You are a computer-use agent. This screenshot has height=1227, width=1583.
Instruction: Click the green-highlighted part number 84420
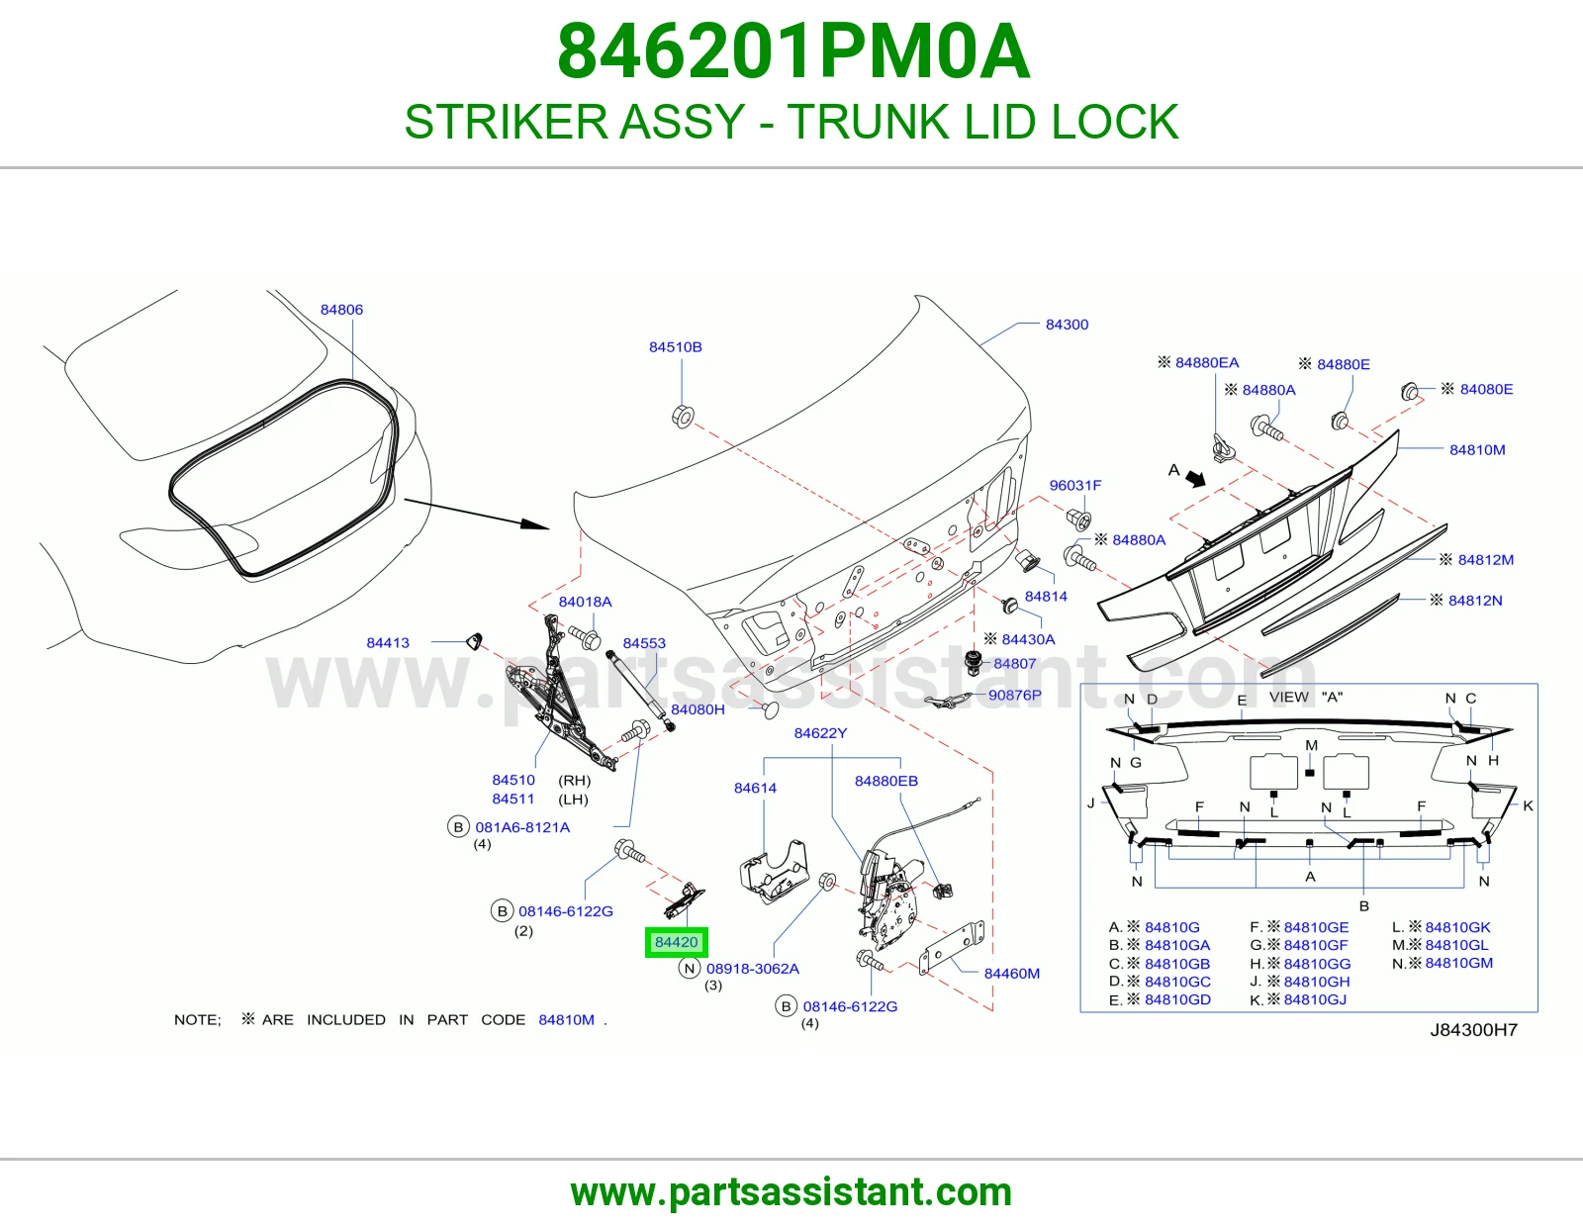point(676,942)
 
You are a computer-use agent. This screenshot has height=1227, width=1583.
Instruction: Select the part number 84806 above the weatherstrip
point(341,310)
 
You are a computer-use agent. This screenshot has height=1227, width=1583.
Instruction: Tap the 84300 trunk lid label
point(1067,325)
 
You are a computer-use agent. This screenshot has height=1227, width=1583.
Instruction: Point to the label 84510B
point(676,346)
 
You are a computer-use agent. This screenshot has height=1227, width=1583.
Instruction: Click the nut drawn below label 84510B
point(682,416)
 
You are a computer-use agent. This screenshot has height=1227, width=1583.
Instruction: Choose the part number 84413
point(388,642)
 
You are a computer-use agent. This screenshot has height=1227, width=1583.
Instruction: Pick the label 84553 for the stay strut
point(644,643)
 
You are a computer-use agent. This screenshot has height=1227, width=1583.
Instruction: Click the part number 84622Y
point(820,733)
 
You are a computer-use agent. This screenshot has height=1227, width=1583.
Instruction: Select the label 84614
point(755,788)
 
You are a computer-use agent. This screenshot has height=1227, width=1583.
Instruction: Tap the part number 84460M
point(1012,974)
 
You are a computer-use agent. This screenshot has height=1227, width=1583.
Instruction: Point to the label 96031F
point(1075,485)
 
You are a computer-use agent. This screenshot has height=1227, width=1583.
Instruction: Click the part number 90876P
point(1015,695)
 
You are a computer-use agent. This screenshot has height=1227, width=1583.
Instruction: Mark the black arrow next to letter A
point(1195,479)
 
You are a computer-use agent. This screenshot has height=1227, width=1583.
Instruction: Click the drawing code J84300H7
point(1474,1029)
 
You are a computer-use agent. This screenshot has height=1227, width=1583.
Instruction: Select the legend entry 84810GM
point(1458,963)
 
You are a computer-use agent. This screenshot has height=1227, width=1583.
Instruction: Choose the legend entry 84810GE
point(1316,927)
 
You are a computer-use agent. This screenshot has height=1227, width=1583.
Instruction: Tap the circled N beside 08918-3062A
point(690,969)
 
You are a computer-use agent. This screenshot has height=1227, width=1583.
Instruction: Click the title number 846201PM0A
point(793,51)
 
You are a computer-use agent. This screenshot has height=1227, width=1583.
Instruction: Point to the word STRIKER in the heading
point(506,122)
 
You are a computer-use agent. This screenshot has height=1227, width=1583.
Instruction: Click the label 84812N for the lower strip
point(1475,601)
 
